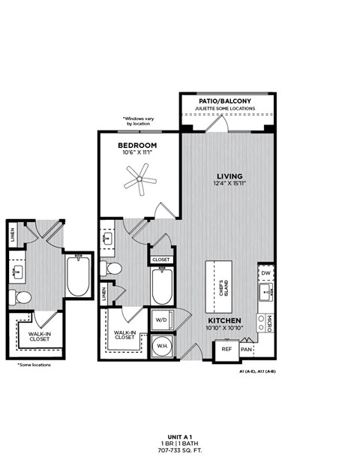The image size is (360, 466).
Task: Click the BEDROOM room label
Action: [x=137, y=145]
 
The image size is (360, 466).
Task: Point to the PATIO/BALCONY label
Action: [x=224, y=101]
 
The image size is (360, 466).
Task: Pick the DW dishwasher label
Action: [x=265, y=272]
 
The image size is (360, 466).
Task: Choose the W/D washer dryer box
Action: [x=161, y=320]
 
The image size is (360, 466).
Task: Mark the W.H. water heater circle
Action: [x=161, y=346]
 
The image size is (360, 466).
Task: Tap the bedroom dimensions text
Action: [x=137, y=153]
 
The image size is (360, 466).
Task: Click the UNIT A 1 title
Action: [x=180, y=436]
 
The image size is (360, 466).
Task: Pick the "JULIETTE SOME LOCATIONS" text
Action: [x=224, y=109]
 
